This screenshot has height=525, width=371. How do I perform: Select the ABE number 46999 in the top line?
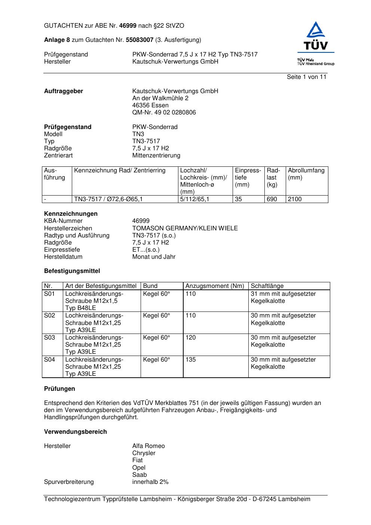click(x=128, y=26)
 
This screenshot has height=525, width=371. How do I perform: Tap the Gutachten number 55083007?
click(x=139, y=40)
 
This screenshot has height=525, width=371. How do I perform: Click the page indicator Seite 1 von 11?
click(x=306, y=77)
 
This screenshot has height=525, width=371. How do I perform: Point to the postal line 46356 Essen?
click(x=150, y=105)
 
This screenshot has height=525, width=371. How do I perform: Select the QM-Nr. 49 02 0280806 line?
click(x=164, y=113)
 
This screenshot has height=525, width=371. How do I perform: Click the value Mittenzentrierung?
click(x=156, y=156)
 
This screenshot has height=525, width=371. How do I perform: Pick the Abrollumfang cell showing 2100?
click(x=295, y=199)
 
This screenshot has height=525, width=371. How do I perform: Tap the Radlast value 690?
click(x=272, y=199)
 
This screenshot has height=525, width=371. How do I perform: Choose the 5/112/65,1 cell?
click(x=194, y=199)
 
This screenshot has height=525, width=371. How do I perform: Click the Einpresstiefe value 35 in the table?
click(x=238, y=199)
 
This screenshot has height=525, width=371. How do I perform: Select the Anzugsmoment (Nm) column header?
click(x=215, y=286)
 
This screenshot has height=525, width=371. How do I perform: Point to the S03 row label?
click(x=49, y=338)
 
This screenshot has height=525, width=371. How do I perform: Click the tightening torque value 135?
click(x=190, y=360)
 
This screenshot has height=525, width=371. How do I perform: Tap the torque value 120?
click(x=190, y=338)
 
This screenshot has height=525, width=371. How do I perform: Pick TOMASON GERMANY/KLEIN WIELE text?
click(x=185, y=228)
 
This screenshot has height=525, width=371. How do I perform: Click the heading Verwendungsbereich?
click(x=76, y=432)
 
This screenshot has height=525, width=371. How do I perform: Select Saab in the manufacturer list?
click(x=139, y=475)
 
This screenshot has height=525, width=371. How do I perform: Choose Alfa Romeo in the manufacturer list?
click(x=148, y=446)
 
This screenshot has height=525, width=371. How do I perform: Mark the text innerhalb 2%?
click(x=150, y=482)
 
